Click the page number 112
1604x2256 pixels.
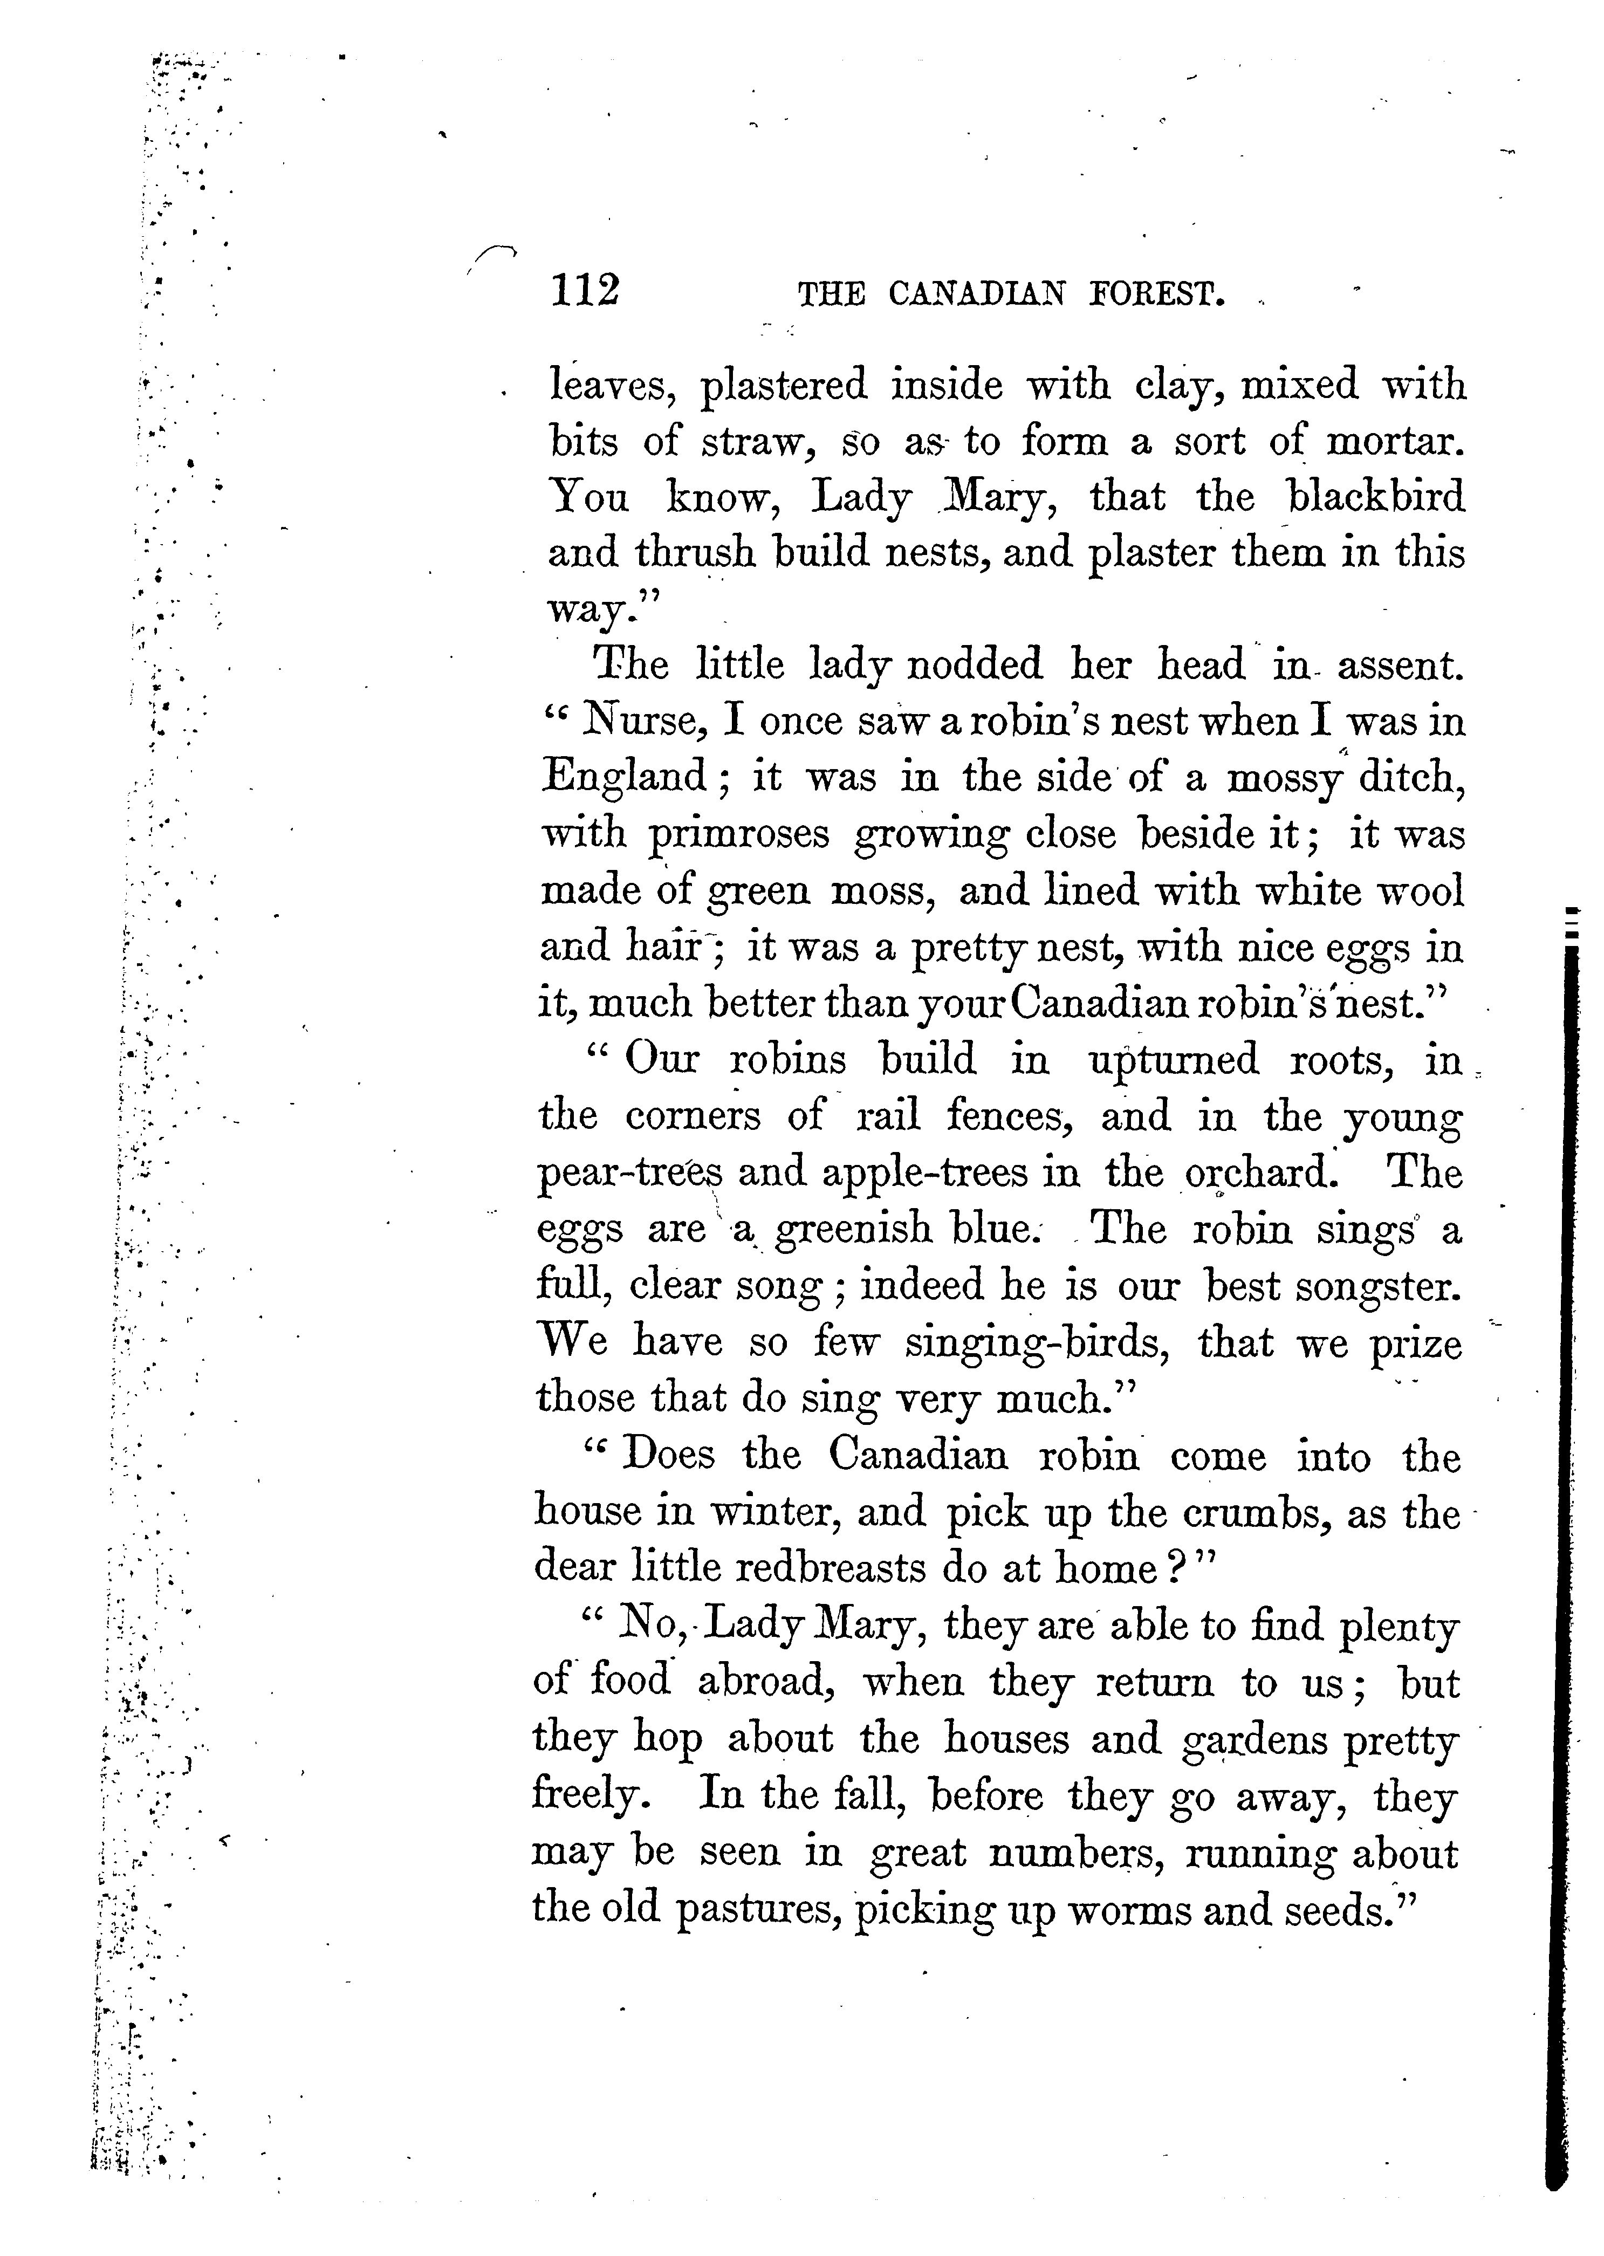[x=585, y=291]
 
